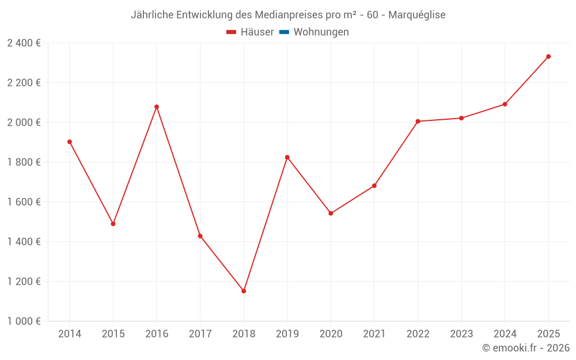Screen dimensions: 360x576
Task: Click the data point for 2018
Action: pyautogui.click(x=244, y=291)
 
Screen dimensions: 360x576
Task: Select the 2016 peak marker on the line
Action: pyautogui.click(x=157, y=107)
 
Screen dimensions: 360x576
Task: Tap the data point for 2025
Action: pyautogui.click(x=548, y=56)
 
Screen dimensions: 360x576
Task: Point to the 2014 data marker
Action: pyautogui.click(x=70, y=142)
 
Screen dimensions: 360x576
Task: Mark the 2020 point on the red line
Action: pyautogui.click(x=331, y=213)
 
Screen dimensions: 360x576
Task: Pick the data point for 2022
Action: pyautogui.click(x=418, y=122)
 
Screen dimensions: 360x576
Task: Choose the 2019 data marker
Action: pyautogui.click(x=287, y=157)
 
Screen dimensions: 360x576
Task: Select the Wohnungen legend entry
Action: pyautogui.click(x=321, y=32)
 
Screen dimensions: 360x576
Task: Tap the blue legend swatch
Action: pyautogui.click(x=284, y=32)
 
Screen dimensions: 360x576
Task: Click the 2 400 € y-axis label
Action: pyautogui.click(x=24, y=43)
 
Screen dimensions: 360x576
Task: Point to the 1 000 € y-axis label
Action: pyautogui.click(x=24, y=321)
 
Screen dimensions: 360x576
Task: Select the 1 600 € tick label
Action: pyautogui.click(x=24, y=202)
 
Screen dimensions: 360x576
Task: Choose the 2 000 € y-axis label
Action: pyautogui.click(x=24, y=123)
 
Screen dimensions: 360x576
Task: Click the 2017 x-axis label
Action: pyautogui.click(x=200, y=334)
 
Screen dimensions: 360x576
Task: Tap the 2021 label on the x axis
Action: pyautogui.click(x=374, y=334)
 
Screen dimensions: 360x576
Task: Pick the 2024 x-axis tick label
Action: pyautogui.click(x=505, y=334)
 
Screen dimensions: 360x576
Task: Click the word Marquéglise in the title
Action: pyautogui.click(x=417, y=15)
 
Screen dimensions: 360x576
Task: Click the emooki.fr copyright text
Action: pyautogui.click(x=526, y=348)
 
